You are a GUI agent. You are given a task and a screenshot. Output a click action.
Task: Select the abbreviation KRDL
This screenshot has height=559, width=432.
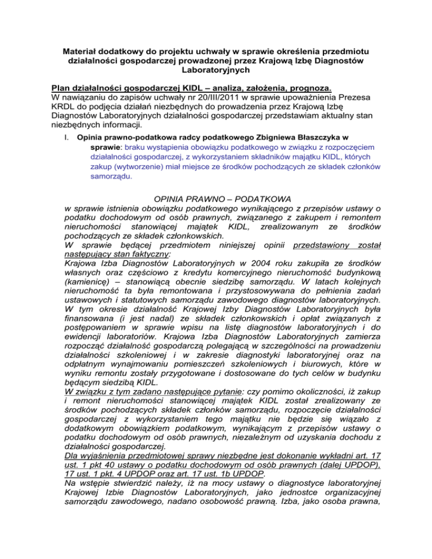tap(63, 109)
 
